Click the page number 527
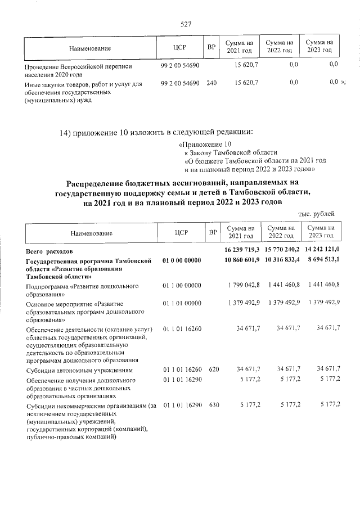pos(186,24)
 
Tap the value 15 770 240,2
pos(282,249)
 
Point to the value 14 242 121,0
pos(322,249)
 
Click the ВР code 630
pos(211,404)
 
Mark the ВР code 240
pos(211,83)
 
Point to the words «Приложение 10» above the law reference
pos(202,145)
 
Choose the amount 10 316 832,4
pos(282,261)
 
